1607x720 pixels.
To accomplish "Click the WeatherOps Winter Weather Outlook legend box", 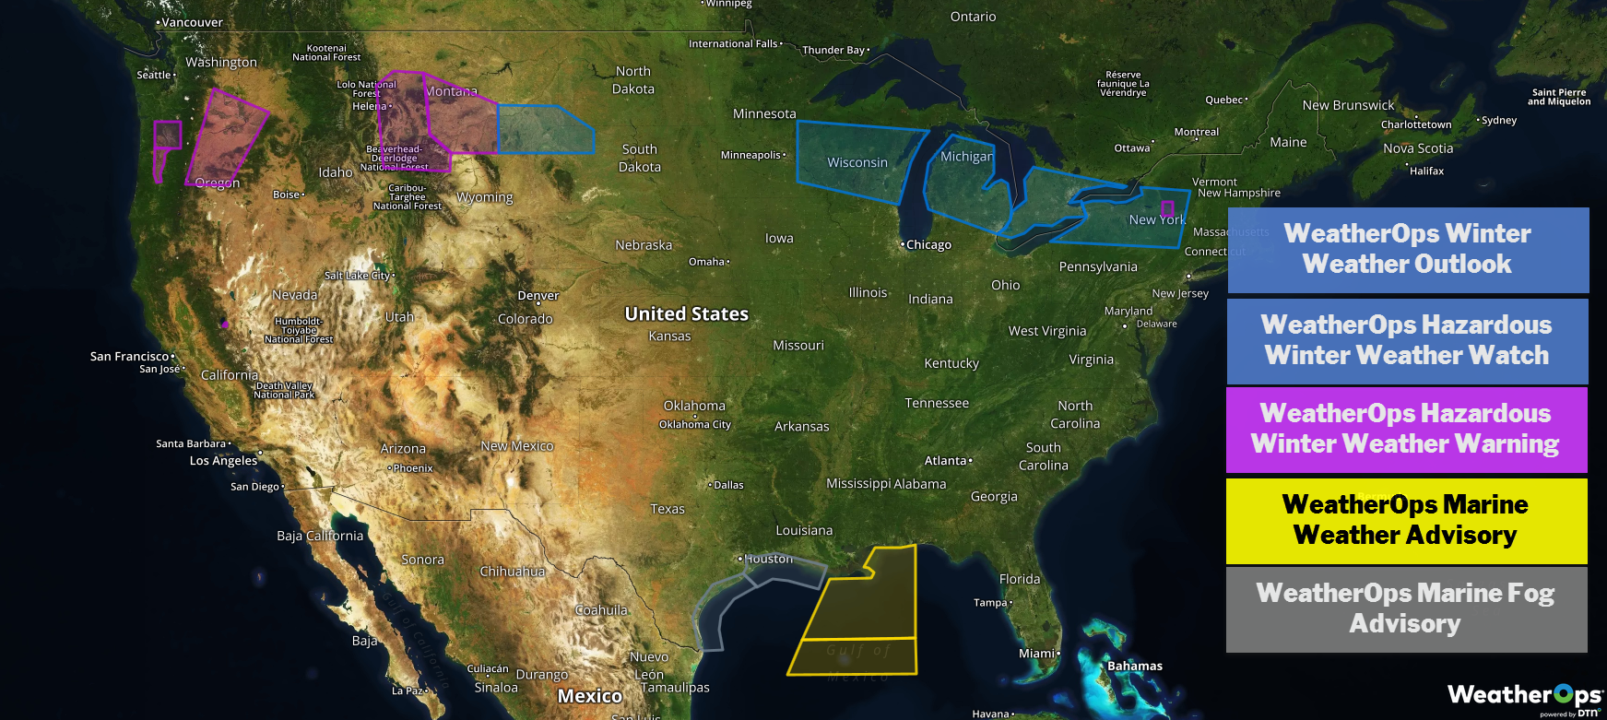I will coord(1408,250).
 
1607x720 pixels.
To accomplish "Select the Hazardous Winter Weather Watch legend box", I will coord(1407,340).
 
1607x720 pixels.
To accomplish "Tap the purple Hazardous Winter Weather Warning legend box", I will coord(1406,430).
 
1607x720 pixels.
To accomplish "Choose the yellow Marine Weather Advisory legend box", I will coord(1406,520).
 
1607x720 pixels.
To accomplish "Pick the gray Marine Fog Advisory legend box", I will coord(1406,609).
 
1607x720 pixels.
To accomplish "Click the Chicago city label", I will coord(928,245).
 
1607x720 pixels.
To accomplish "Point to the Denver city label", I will coord(538,296).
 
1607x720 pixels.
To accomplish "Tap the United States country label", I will coord(687,314).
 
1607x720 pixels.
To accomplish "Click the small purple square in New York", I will coord(1167,208).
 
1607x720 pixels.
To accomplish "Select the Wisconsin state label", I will coord(857,163).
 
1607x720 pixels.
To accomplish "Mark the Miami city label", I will coord(1037,654).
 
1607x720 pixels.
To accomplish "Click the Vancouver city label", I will coord(192,22).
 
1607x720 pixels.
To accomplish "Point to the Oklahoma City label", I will coord(695,425).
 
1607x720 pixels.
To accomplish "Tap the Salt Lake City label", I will coord(358,276).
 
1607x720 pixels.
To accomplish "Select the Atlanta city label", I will coord(946,461).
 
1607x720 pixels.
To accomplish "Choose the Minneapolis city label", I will coord(751,155).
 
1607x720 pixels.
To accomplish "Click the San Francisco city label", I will coord(130,357).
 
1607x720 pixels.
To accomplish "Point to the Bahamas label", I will coord(1135,667).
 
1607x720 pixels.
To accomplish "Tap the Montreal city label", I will coord(1197,133).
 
